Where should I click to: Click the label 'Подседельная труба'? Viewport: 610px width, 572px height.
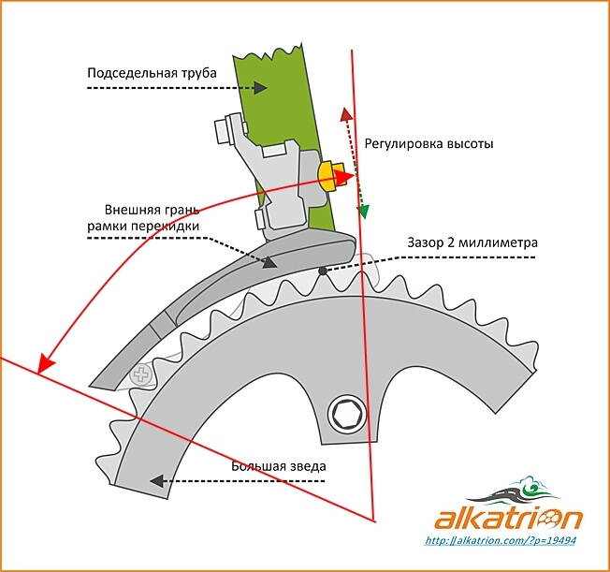(x=152, y=71)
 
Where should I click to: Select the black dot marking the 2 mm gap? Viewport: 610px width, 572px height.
(x=321, y=271)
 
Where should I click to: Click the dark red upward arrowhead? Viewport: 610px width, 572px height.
(x=344, y=114)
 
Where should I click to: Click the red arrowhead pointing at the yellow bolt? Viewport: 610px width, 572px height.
(x=348, y=176)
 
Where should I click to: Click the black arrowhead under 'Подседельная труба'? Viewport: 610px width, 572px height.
(x=263, y=88)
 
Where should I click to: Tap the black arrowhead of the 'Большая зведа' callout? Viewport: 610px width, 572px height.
(x=158, y=480)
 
